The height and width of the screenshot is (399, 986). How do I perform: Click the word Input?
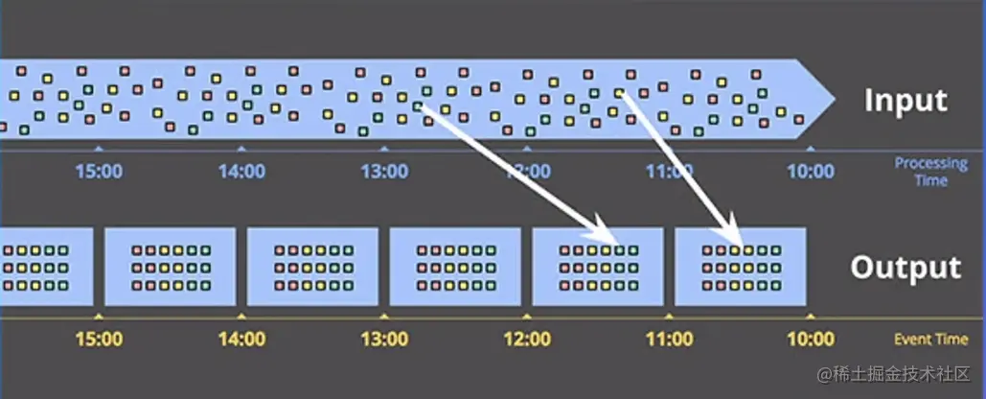tap(905, 101)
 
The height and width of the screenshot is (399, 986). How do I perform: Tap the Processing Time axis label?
tap(930, 172)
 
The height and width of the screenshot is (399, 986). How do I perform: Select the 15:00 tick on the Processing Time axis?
tap(99, 172)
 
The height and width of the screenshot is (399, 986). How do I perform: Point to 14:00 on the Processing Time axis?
tap(241, 172)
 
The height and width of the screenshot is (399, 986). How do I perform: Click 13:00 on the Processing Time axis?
tap(384, 172)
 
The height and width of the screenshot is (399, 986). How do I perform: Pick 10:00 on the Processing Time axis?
tap(811, 172)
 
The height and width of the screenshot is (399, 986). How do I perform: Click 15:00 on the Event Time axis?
tap(99, 339)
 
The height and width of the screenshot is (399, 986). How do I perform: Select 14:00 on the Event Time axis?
tap(241, 339)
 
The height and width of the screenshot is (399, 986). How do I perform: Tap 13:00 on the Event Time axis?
tap(384, 339)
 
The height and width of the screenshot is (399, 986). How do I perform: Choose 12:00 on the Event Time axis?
tap(526, 339)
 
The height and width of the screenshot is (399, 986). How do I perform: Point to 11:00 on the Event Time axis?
tap(669, 339)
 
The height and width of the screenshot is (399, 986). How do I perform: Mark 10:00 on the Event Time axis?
tap(811, 339)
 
